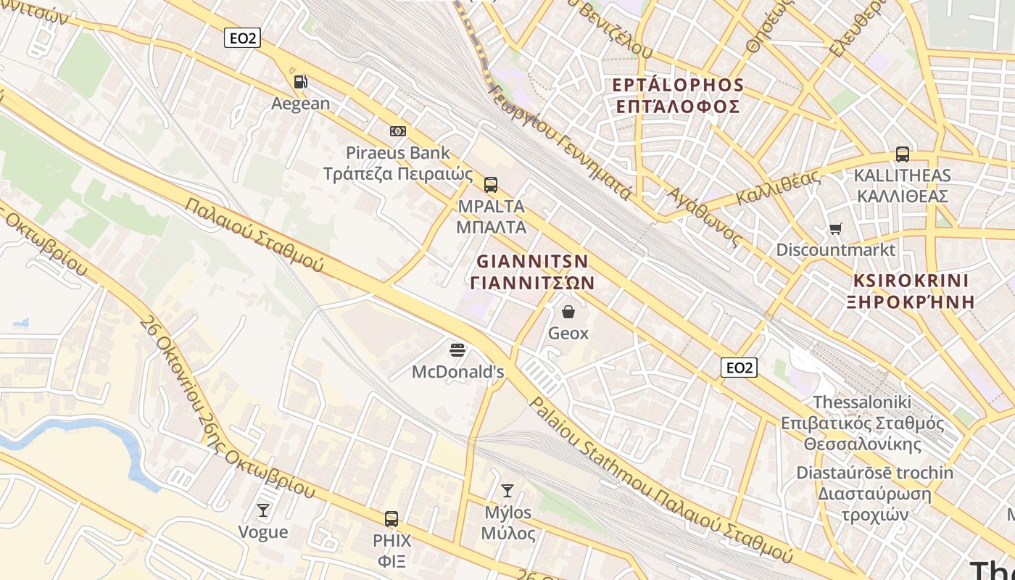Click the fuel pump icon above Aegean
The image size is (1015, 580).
300,83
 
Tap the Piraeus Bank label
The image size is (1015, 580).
397,153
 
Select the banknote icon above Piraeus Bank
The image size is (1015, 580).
398,131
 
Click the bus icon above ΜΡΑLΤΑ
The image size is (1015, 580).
491,185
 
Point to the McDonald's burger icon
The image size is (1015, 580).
457,351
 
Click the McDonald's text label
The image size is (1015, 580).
457,372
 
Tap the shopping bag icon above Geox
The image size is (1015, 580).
568,312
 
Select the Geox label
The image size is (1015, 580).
568,333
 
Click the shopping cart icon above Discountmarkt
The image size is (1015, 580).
836,229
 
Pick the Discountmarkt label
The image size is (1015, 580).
836,250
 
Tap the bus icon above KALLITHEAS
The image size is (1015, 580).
903,154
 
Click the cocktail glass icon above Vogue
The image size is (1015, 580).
263,511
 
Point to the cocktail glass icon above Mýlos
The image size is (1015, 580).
507,492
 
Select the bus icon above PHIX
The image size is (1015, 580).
391,519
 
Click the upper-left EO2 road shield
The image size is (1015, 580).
241,38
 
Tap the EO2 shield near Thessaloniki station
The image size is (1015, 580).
739,368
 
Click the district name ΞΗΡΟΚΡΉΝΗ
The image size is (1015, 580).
911,302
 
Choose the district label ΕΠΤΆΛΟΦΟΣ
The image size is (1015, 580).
678,107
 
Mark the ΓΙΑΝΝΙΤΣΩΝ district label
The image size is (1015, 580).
532,283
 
